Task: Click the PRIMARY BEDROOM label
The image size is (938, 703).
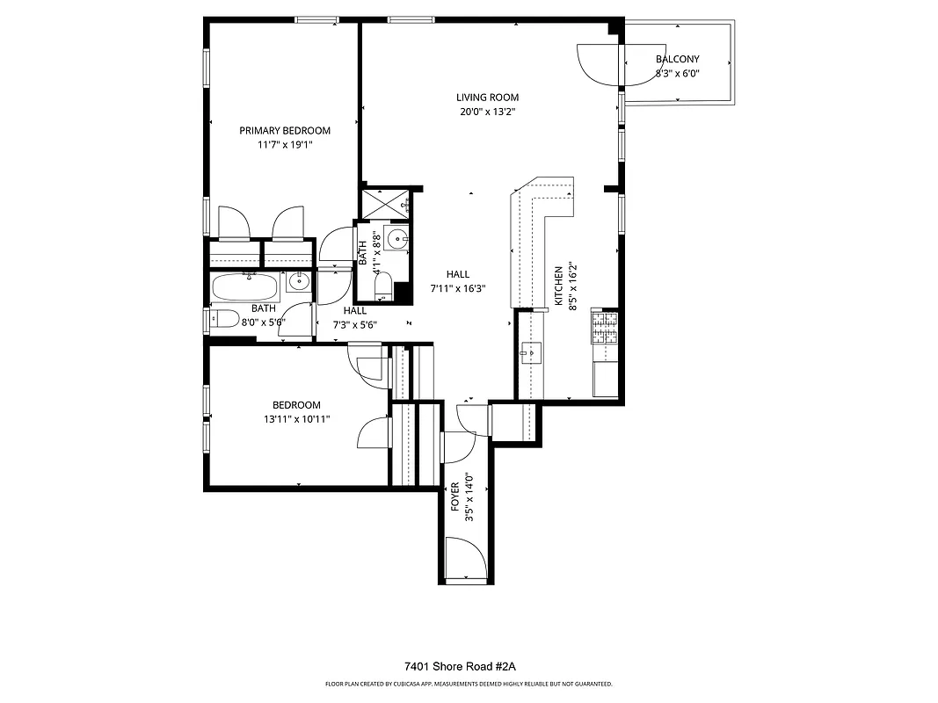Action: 285,131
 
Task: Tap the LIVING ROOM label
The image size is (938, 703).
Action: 487,98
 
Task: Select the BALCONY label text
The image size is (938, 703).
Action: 677,60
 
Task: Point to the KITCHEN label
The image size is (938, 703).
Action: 557,286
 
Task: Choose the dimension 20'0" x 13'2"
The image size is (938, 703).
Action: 487,112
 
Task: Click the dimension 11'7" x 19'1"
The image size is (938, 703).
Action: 285,145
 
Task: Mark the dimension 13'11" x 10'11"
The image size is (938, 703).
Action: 295,419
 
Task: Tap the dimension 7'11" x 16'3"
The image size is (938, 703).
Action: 457,288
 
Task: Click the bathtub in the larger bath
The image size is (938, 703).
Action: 245,286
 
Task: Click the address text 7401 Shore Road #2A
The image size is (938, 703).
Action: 468,667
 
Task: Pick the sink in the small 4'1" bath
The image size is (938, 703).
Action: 400,238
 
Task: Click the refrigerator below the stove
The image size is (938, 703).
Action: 605,379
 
